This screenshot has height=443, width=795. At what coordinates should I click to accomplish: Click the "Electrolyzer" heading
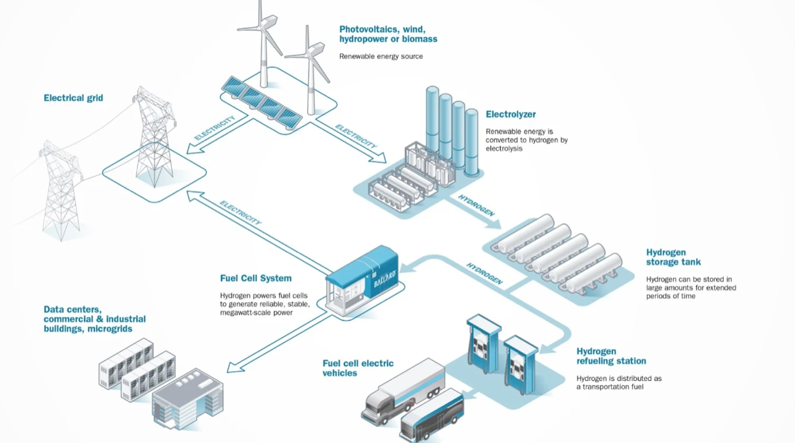pyautogui.click(x=511, y=114)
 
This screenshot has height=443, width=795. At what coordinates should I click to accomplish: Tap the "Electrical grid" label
pyautogui.click(x=73, y=98)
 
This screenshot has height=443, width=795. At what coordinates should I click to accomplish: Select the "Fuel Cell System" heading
pyautogui.click(x=255, y=278)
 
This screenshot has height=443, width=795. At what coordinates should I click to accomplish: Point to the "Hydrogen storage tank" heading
pyautogui.click(x=673, y=257)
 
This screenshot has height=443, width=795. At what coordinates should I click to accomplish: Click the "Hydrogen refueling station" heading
pyautogui.click(x=611, y=356)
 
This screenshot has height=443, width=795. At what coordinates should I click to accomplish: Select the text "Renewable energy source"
pyautogui.click(x=381, y=57)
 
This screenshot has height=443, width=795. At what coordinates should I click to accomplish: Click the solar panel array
pyautogui.click(x=261, y=101)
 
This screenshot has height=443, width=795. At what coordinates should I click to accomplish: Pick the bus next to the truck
pyautogui.click(x=433, y=414)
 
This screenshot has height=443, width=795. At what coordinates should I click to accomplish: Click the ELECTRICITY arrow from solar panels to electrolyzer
pyautogui.click(x=355, y=137)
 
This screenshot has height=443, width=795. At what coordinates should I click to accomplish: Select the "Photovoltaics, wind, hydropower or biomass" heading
pyautogui.click(x=388, y=34)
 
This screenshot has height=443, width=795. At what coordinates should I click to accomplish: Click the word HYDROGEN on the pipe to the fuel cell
pyautogui.click(x=484, y=273)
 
